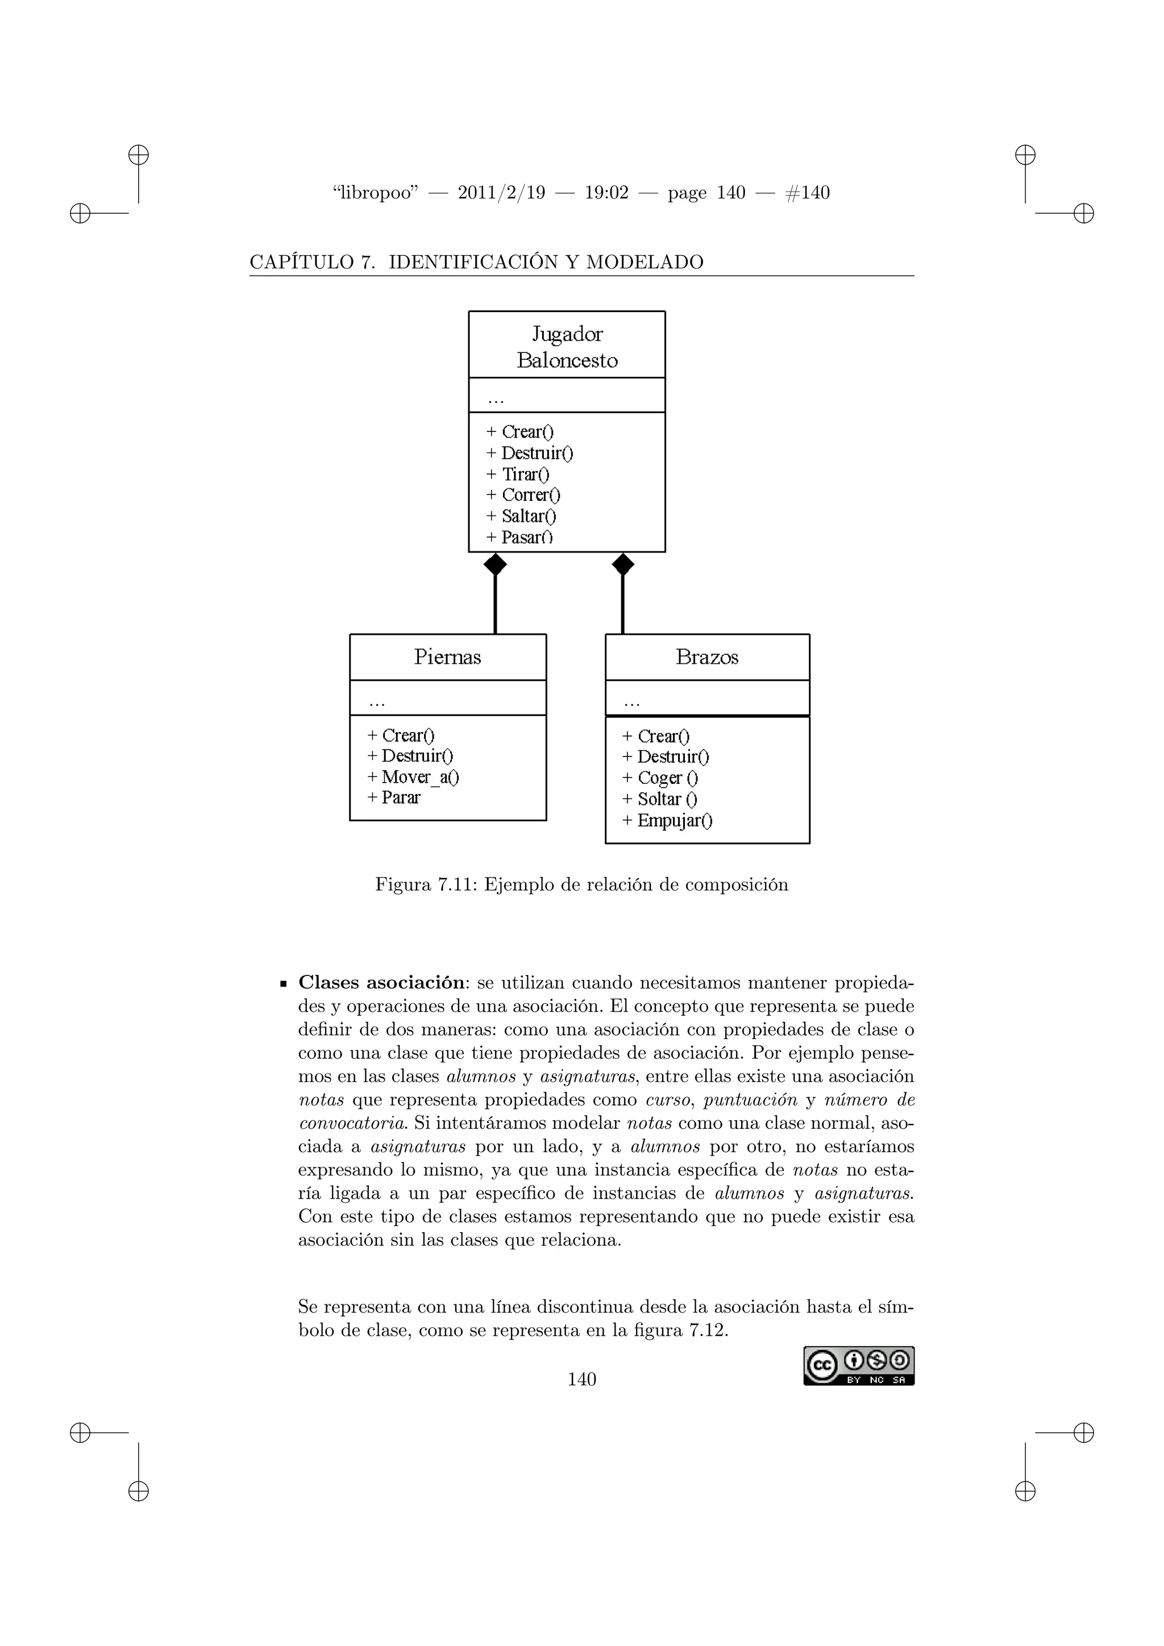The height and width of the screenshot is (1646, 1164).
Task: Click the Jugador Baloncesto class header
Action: click(x=567, y=346)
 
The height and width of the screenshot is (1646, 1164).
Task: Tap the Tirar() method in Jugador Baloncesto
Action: click(x=525, y=475)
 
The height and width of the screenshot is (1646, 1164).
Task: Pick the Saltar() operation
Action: click(x=528, y=516)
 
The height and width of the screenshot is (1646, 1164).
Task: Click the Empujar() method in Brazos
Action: click(x=674, y=821)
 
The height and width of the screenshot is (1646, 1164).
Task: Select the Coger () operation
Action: click(x=667, y=778)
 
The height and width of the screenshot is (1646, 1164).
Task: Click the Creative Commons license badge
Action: click(x=859, y=1366)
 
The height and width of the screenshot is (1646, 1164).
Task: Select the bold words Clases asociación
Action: click(x=381, y=982)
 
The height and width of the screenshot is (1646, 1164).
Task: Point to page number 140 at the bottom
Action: click(x=581, y=1379)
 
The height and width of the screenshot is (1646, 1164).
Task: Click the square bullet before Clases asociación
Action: click(x=284, y=984)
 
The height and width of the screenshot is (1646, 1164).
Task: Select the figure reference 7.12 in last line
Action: click(x=706, y=1331)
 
